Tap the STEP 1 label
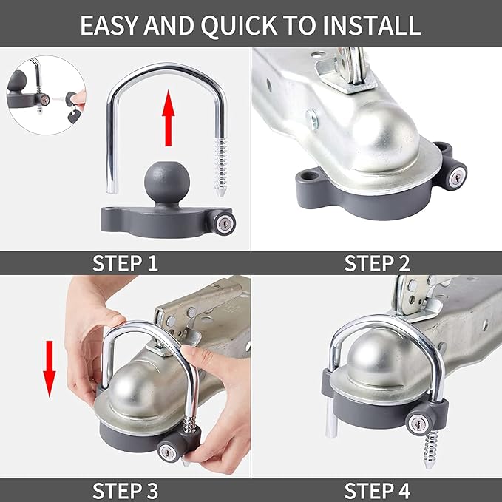point(125,263)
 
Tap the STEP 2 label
point(376,263)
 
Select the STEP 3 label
point(125,489)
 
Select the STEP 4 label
point(376,489)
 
